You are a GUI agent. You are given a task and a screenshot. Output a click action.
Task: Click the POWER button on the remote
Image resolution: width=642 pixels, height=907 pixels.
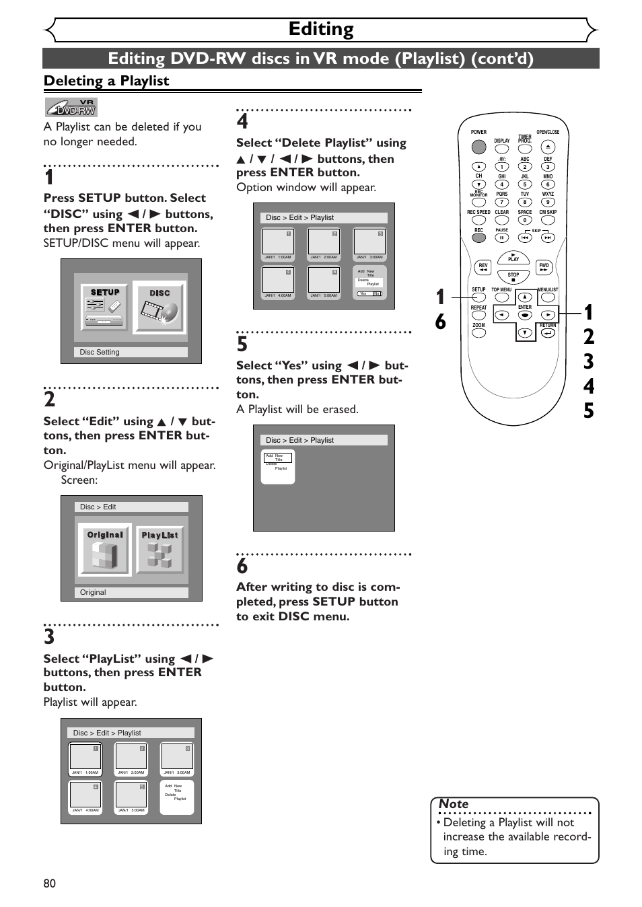pyautogui.click(x=478, y=146)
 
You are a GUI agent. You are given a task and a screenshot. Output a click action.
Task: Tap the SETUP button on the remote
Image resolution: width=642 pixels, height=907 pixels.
pyautogui.click(x=478, y=297)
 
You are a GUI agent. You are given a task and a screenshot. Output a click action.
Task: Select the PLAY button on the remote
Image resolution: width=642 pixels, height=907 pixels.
pyautogui.click(x=513, y=258)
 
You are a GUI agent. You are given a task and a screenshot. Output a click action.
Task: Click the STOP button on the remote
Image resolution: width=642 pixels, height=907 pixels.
pyautogui.click(x=513, y=276)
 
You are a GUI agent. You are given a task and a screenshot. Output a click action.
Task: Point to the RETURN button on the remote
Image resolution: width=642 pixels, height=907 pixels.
pyautogui.click(x=548, y=332)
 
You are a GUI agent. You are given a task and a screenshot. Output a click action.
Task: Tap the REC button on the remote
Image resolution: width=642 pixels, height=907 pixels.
pyautogui.click(x=478, y=238)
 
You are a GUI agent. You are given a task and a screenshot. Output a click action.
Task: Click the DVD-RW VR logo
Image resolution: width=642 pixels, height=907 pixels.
pyautogui.click(x=71, y=108)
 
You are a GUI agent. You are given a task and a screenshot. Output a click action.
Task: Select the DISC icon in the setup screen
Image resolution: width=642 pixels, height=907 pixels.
pyautogui.click(x=159, y=307)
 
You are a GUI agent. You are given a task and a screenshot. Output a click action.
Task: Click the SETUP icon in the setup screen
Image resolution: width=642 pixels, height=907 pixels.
pyautogui.click(x=105, y=307)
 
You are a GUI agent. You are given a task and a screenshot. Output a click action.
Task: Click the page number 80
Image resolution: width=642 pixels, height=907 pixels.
pyautogui.click(x=50, y=883)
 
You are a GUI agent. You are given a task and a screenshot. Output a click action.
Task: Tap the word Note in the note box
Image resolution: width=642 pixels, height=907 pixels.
pyautogui.click(x=454, y=804)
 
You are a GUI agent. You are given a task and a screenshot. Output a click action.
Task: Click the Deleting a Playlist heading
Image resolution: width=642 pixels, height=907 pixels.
pyautogui.click(x=106, y=81)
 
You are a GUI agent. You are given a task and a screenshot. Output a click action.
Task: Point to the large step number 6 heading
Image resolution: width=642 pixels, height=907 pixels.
pyautogui.click(x=242, y=567)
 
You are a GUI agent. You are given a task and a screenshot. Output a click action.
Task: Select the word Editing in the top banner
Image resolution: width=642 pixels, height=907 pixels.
pyautogui.click(x=321, y=29)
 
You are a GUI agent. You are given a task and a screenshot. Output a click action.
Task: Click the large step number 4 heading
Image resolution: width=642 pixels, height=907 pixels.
pyautogui.click(x=242, y=122)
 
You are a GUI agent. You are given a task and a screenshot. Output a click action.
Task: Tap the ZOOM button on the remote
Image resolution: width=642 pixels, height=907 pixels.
pyautogui.click(x=478, y=332)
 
